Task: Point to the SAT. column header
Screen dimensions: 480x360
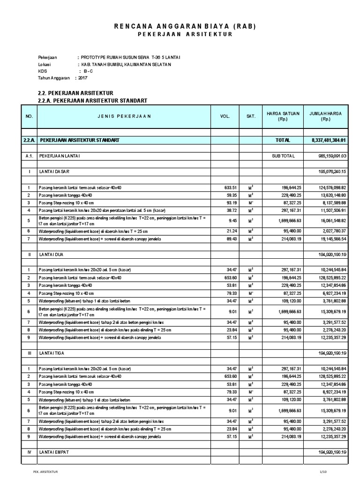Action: pos(251,116)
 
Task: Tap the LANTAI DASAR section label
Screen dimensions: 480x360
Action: pos(54,172)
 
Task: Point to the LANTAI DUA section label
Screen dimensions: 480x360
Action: pos(52,254)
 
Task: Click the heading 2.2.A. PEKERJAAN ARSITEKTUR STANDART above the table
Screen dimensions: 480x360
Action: pos(92,100)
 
